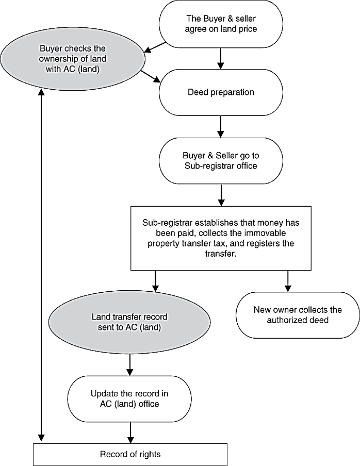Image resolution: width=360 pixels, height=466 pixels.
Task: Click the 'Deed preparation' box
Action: click(x=221, y=92)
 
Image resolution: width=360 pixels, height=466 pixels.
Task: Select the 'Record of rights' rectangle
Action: click(x=130, y=455)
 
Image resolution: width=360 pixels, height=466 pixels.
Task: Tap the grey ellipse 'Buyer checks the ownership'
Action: click(x=73, y=59)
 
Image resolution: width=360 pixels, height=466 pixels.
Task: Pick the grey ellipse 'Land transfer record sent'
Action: click(x=129, y=322)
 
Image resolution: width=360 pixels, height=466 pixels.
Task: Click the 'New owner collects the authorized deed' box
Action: click(x=298, y=315)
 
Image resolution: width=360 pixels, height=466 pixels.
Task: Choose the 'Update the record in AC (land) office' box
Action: click(x=129, y=399)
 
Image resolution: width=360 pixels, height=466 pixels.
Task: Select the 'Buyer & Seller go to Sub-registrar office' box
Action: click(x=221, y=161)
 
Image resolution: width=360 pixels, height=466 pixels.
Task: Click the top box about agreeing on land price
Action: click(x=221, y=24)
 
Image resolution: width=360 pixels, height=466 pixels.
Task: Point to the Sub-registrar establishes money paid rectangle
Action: click(x=221, y=238)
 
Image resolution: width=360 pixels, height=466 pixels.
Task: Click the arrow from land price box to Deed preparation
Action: click(x=221, y=58)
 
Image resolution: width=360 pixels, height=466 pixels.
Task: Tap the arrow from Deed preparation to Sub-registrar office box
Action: click(x=221, y=127)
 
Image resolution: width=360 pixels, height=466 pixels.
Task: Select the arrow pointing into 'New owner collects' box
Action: click(x=288, y=281)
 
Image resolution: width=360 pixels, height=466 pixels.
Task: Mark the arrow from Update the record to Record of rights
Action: click(x=130, y=432)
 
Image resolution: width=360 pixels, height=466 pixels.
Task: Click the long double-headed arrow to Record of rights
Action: click(x=41, y=265)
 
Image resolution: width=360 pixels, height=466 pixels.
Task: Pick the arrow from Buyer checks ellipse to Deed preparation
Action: click(x=151, y=76)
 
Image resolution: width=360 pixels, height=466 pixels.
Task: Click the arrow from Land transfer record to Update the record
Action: click(x=130, y=364)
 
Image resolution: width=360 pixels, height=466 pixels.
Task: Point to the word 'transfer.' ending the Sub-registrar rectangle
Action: click(x=221, y=254)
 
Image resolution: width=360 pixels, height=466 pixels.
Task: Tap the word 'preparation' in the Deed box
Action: click(x=232, y=92)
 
